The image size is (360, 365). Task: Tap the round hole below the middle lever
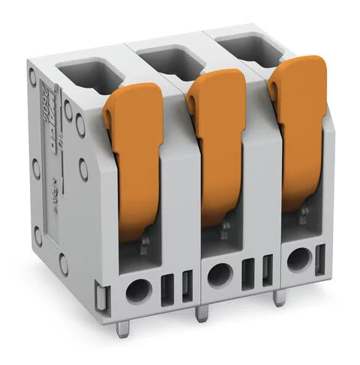[219, 274]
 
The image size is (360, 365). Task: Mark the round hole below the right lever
[299, 260]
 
